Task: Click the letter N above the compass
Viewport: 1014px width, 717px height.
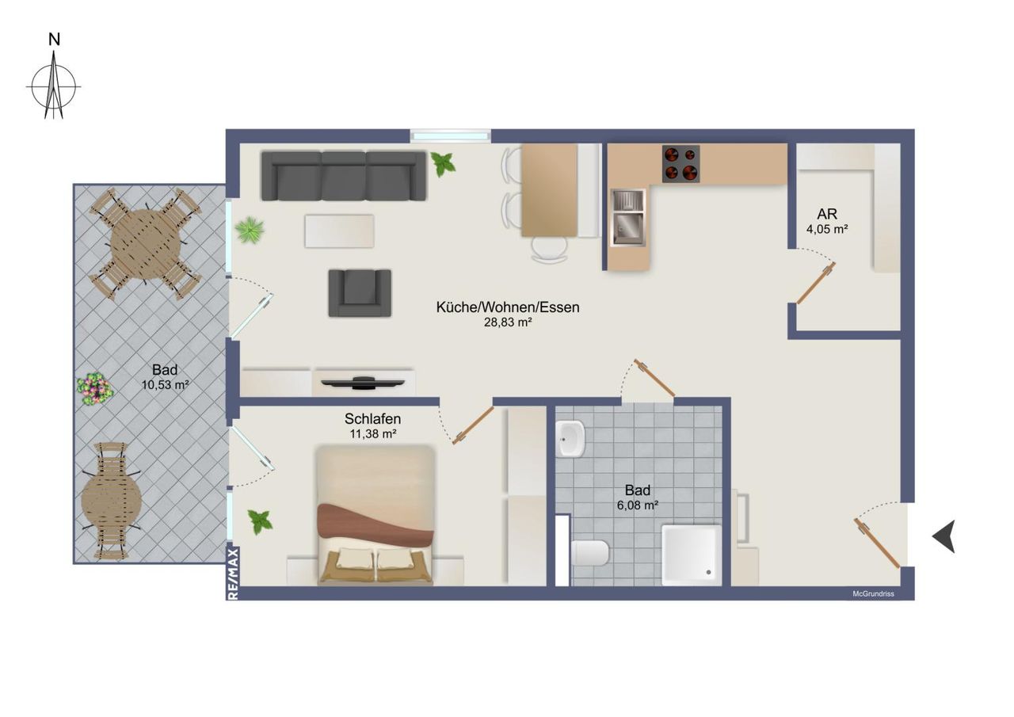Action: [x=55, y=40]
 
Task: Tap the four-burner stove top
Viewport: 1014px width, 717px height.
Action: [x=680, y=164]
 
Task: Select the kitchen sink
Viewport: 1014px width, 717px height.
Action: [x=628, y=218]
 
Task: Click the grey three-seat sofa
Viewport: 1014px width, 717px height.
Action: [x=344, y=176]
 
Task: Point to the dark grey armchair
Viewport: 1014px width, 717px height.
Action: [x=360, y=293]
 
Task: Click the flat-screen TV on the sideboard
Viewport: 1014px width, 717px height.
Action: [x=363, y=383]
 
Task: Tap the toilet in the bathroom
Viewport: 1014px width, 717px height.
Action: [x=590, y=553]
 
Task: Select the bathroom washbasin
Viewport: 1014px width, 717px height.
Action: [x=571, y=439]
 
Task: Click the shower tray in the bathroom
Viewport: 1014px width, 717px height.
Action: [x=692, y=555]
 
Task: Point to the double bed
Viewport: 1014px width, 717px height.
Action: [x=375, y=515]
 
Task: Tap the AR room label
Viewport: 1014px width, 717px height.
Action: [x=827, y=214]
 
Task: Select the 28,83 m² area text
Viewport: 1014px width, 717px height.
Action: [x=508, y=322]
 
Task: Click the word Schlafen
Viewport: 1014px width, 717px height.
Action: [x=372, y=418]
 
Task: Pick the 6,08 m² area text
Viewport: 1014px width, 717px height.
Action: [x=638, y=505]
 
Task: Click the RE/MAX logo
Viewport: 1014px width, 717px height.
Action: [x=233, y=574]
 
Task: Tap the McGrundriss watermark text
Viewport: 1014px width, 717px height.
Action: [x=873, y=594]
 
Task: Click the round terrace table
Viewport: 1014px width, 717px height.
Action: [x=146, y=245]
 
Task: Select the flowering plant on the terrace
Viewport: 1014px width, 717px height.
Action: [x=94, y=389]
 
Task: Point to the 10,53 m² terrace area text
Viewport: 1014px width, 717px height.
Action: [x=165, y=385]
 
